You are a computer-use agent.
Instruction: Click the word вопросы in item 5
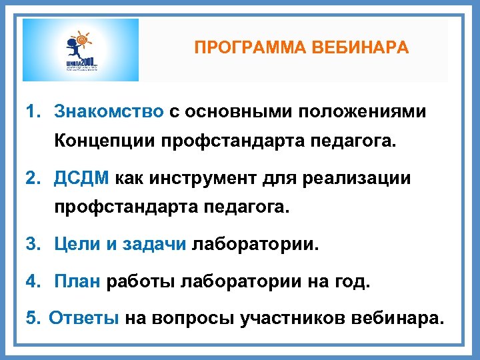coord(193,317)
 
